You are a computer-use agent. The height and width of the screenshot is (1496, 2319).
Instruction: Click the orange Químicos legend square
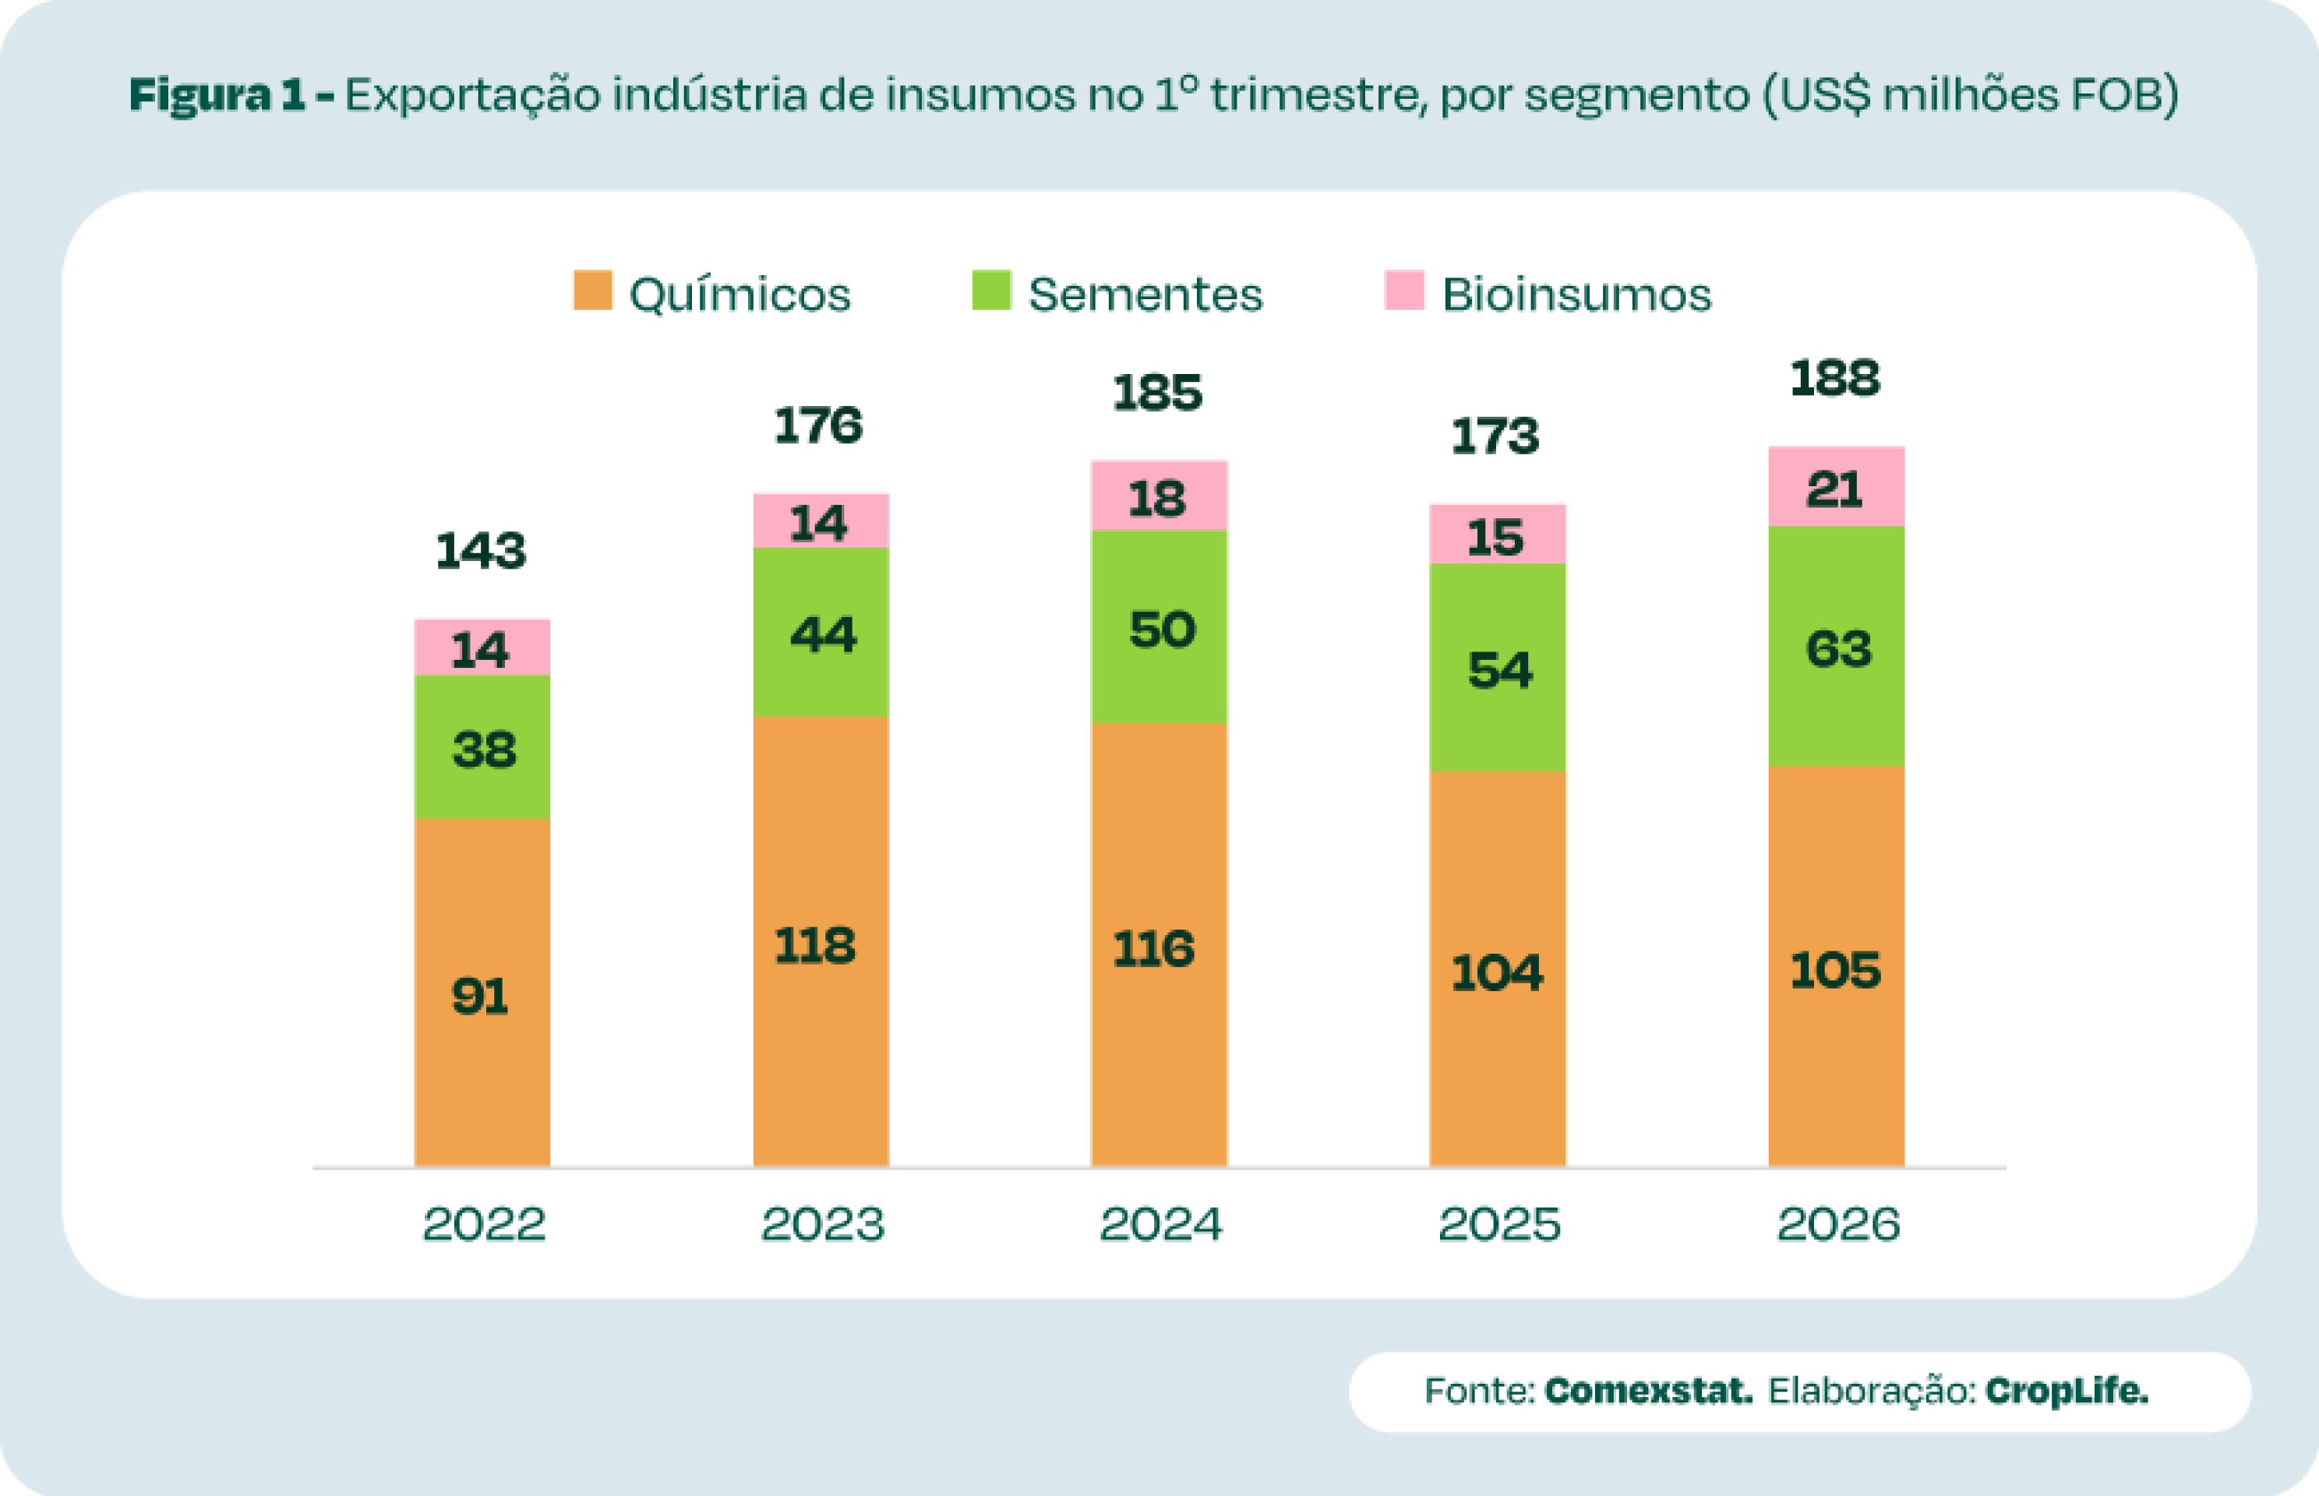[593, 291]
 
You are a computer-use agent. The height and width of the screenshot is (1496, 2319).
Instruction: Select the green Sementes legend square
[991, 291]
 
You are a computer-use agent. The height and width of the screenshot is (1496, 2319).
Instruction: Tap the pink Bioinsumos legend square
[1404, 291]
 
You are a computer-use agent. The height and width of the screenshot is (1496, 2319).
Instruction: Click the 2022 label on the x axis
[484, 1224]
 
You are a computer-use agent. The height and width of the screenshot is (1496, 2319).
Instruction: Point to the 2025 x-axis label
[1499, 1224]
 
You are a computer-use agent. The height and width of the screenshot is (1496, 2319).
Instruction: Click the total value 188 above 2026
[1835, 379]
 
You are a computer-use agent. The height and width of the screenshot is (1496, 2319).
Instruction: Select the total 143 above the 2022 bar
[481, 552]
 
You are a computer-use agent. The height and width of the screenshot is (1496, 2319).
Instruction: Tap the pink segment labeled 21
[1835, 488]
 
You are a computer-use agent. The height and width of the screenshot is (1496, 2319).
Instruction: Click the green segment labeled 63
[1835, 648]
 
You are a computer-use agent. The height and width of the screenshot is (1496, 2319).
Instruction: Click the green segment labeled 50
[1159, 630]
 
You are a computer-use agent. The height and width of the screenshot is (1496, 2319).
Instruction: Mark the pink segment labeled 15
[1497, 536]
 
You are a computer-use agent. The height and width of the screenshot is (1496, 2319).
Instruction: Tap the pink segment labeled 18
[1159, 497]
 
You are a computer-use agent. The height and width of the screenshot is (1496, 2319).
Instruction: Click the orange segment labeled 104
[1497, 972]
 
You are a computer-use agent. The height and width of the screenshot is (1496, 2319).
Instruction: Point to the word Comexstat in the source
[1649, 1391]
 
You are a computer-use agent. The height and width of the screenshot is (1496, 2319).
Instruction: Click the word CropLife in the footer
[2067, 1391]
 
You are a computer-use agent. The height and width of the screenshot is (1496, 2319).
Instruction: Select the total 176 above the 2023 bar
[819, 426]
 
